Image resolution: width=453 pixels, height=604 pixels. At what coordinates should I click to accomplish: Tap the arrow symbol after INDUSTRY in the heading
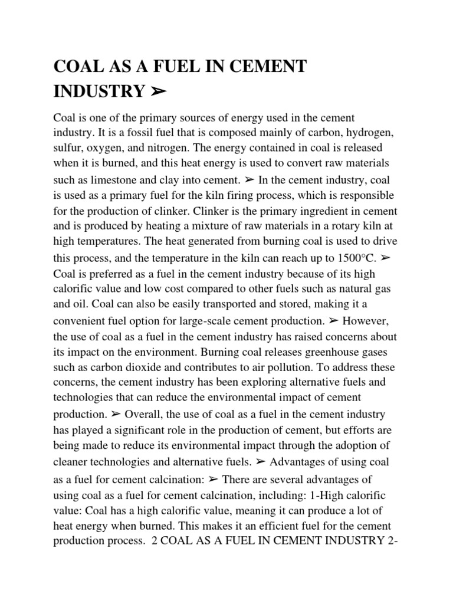tap(155, 91)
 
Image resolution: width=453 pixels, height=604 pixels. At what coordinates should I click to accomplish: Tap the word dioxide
tap(145, 367)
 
